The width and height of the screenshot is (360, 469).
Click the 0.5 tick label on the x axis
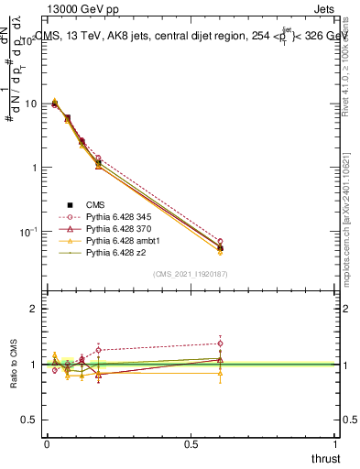click(191, 443)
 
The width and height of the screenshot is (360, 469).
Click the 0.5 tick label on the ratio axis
click(31, 420)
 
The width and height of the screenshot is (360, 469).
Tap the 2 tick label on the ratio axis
click(35, 310)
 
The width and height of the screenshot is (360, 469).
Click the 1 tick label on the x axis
click(336, 443)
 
